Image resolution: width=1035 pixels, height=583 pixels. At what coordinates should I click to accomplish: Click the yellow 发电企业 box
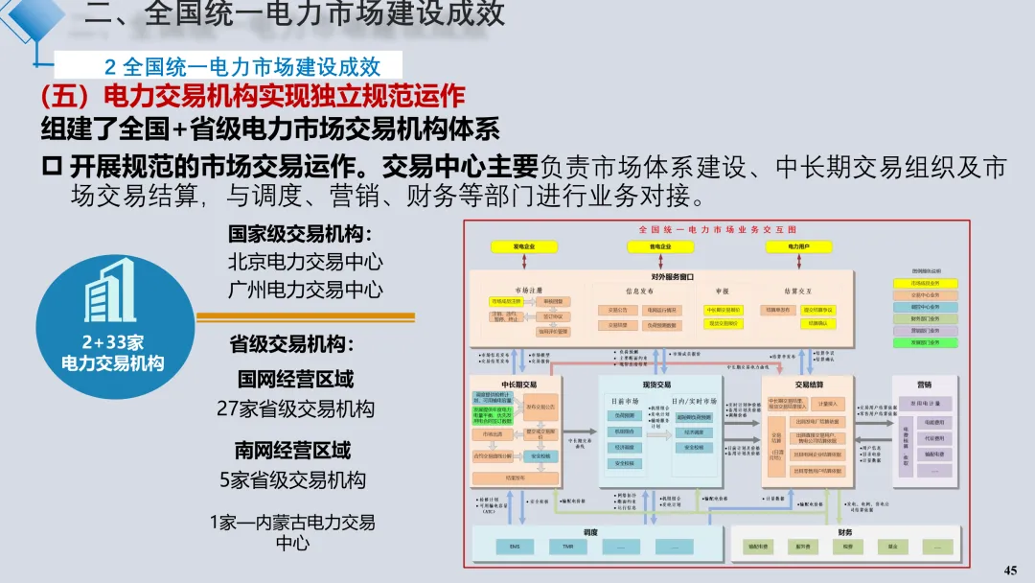tap(523, 247)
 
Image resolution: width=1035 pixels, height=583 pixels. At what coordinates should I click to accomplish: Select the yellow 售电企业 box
tap(660, 247)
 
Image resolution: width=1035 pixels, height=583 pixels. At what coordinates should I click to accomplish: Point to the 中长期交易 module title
tap(518, 384)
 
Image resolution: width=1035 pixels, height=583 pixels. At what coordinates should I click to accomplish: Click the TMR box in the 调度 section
tap(567, 547)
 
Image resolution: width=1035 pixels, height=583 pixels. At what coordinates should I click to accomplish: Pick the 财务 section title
tap(843, 532)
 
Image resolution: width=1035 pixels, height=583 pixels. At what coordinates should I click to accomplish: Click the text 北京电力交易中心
tap(305, 262)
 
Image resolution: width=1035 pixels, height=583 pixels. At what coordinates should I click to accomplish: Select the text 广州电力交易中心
tap(305, 289)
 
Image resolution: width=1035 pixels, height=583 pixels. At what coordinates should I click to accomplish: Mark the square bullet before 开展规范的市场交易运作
tap(52, 167)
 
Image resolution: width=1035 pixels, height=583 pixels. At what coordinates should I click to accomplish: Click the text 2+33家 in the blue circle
tap(112, 343)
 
